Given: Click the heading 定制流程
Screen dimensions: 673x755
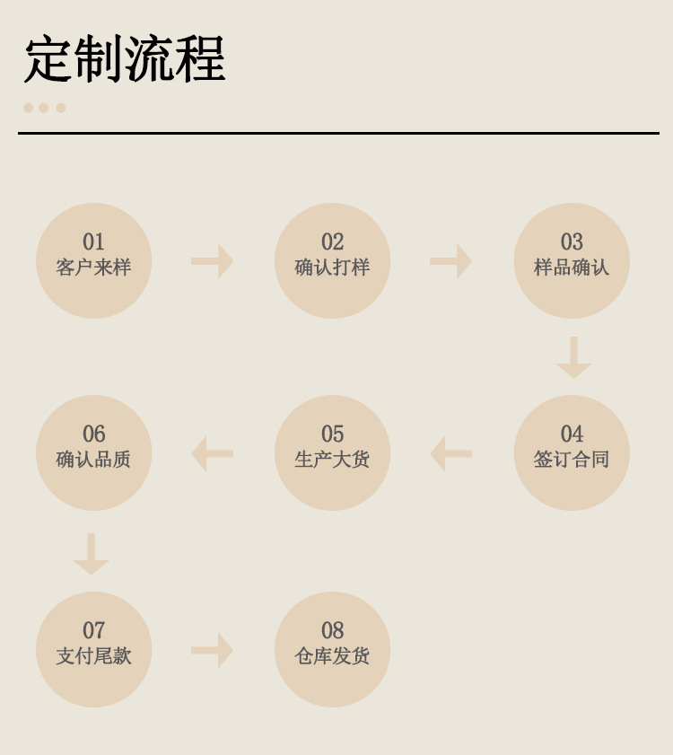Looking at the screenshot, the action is pos(125,60).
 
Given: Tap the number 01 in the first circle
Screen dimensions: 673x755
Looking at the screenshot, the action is pos(93,242).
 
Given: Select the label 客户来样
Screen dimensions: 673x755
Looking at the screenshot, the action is pos(93,268).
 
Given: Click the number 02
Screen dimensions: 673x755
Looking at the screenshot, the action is pos(332,242).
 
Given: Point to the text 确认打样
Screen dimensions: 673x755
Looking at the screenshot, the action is pos(332,268).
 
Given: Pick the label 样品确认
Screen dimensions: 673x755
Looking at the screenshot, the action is pos(572,268).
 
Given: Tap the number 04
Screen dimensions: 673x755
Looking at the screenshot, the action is pos(572,435).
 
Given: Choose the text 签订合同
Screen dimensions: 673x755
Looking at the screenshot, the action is pos(572,460).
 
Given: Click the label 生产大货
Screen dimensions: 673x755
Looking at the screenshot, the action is pos(332,460).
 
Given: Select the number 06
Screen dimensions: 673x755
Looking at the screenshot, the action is pos(93,435).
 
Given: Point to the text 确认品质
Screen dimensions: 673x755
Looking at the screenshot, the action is pos(93,460).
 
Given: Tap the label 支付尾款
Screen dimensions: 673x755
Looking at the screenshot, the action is pos(93,656).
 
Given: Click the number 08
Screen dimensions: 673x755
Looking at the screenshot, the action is pos(332,631).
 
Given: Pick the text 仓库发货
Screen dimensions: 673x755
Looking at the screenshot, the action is pos(332,656).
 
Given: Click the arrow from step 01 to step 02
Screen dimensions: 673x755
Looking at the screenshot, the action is pos(213,261).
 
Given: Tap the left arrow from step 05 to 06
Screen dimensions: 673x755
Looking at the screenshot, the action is pos(213,453).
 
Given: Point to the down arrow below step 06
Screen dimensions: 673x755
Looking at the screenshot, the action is pos(91,554).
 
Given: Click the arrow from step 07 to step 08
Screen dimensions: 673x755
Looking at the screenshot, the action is pos(213,650).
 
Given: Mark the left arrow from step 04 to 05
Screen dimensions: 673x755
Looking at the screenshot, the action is pos(451,453).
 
